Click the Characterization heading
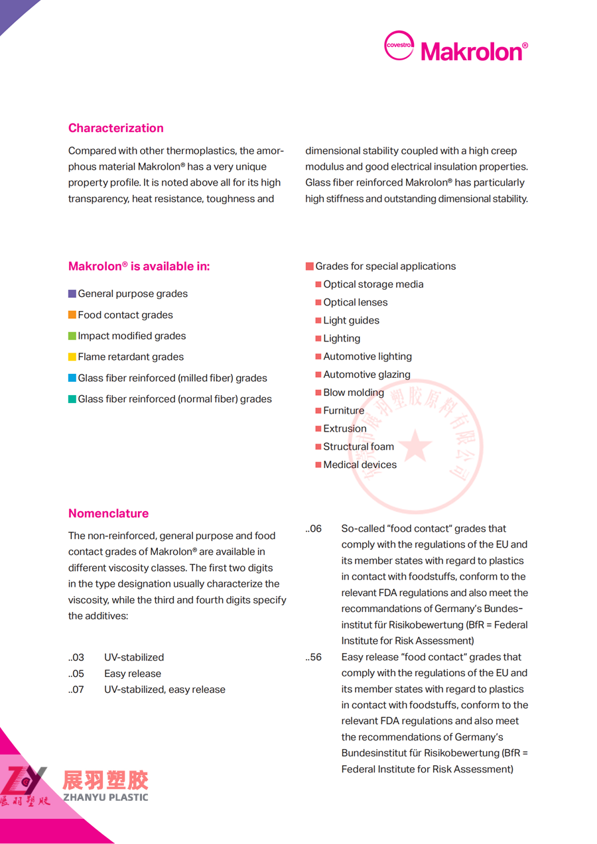click(x=115, y=128)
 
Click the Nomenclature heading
click(x=108, y=513)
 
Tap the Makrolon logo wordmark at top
click(x=474, y=51)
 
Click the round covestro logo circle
click(x=399, y=46)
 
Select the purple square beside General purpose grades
click(x=72, y=294)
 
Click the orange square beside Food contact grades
click(x=72, y=315)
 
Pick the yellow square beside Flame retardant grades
click(x=72, y=357)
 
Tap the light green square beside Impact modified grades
click(x=72, y=336)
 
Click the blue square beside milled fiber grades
click(x=72, y=378)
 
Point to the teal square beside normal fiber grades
click(x=72, y=399)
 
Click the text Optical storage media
click(x=373, y=284)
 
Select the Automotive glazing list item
click(x=366, y=375)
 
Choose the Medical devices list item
click(x=360, y=465)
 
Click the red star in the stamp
click(x=415, y=446)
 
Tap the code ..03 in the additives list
click(x=76, y=658)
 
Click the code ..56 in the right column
click(x=314, y=657)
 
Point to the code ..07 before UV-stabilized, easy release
click(x=76, y=690)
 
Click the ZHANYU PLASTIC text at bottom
click(x=105, y=798)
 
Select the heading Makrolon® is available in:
click(x=139, y=267)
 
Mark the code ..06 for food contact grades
click(x=314, y=528)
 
